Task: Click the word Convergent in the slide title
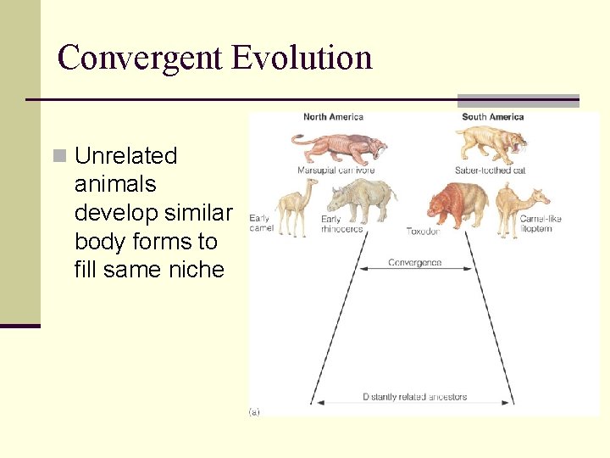(141, 58)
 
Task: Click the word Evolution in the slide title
(302, 58)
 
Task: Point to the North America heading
(333, 117)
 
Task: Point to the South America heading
(492, 117)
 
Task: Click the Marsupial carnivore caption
(335, 170)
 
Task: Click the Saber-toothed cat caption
(490, 170)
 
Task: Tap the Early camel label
(261, 224)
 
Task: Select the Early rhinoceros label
(341, 224)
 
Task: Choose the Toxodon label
(423, 230)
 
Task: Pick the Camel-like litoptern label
(541, 224)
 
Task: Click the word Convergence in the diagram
(414, 263)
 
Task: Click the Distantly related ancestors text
(414, 397)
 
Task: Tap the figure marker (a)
(254, 412)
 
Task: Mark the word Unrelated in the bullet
(125, 156)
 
